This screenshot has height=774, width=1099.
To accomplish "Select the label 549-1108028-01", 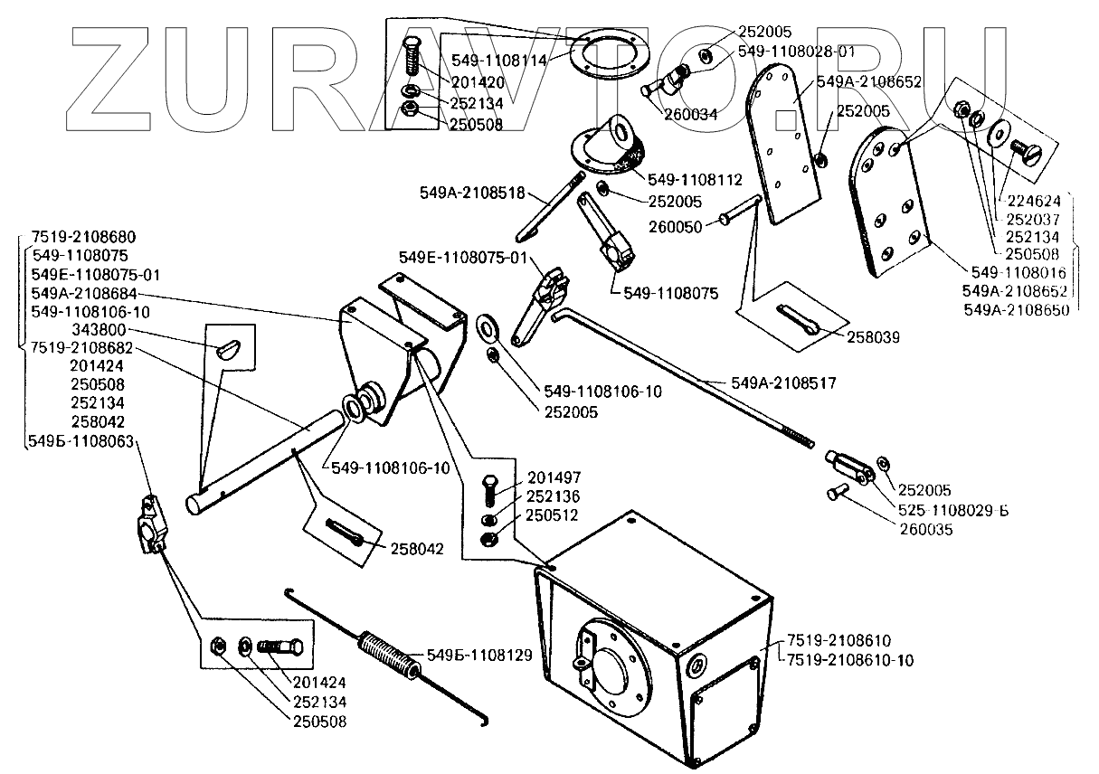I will click(796, 52).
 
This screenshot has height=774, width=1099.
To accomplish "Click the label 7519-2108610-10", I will click(849, 660).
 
